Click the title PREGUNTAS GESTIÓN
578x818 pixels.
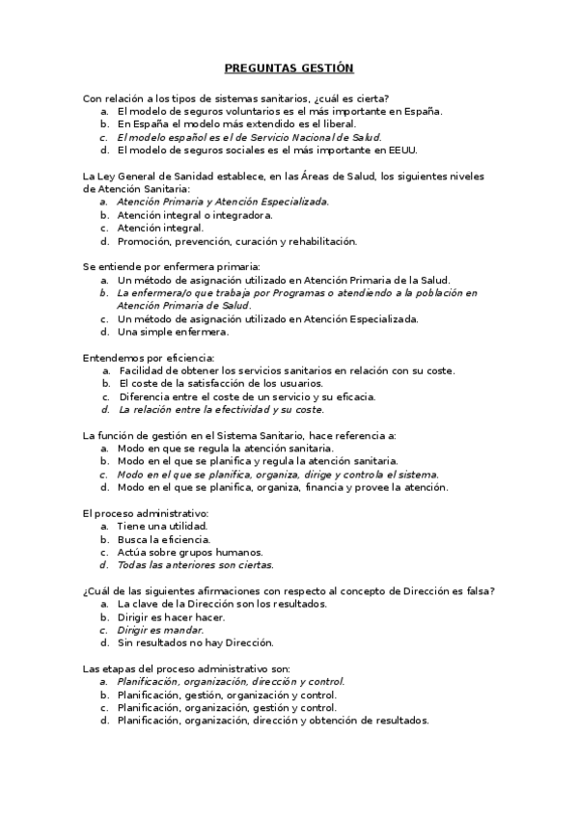coord(289,68)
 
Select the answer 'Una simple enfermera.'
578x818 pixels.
coord(173,332)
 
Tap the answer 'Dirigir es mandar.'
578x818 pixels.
coord(160,630)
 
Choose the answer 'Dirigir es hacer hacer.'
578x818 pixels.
coord(171,616)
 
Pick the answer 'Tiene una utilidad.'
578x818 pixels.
coord(162,527)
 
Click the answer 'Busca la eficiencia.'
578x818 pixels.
coord(163,539)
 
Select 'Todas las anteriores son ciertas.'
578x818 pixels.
coord(195,565)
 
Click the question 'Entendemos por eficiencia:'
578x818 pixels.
coord(148,357)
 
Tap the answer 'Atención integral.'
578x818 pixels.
coord(160,228)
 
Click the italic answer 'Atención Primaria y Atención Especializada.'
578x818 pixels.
coord(223,202)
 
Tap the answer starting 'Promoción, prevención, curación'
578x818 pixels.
coord(236,241)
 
